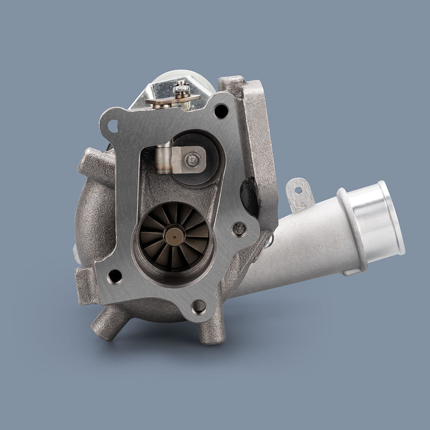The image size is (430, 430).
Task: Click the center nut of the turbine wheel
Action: click(x=174, y=235)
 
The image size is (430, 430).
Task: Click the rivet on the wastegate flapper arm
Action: click(x=192, y=160)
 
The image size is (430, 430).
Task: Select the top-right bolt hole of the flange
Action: click(x=221, y=111)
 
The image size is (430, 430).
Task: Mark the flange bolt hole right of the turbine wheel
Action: click(x=239, y=228)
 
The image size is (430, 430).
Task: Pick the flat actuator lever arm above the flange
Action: click(x=172, y=101)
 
